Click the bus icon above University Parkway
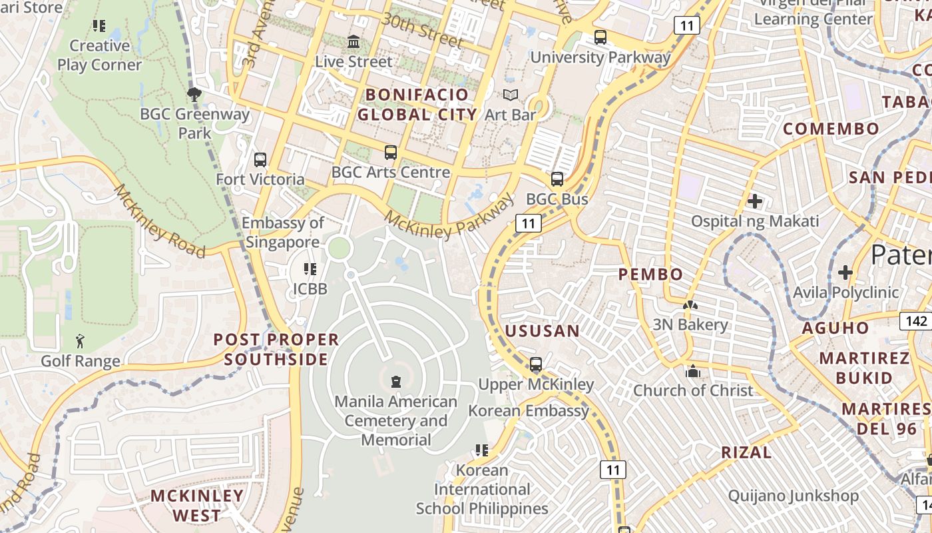click(x=600, y=37)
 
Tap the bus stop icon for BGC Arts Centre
click(x=391, y=153)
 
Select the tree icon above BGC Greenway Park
click(x=194, y=95)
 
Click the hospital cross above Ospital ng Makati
click(x=755, y=201)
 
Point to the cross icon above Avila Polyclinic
click(x=845, y=272)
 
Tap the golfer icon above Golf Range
click(x=81, y=341)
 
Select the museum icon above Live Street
click(x=353, y=42)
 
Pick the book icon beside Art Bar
click(x=511, y=95)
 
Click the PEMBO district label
click(x=650, y=274)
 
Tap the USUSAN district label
click(x=542, y=331)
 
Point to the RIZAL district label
click(x=746, y=453)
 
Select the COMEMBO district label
click(x=831, y=129)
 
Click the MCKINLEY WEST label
click(x=197, y=506)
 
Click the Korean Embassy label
click(x=529, y=410)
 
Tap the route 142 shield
click(x=916, y=321)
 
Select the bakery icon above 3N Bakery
click(x=690, y=305)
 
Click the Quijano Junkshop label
click(x=793, y=496)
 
